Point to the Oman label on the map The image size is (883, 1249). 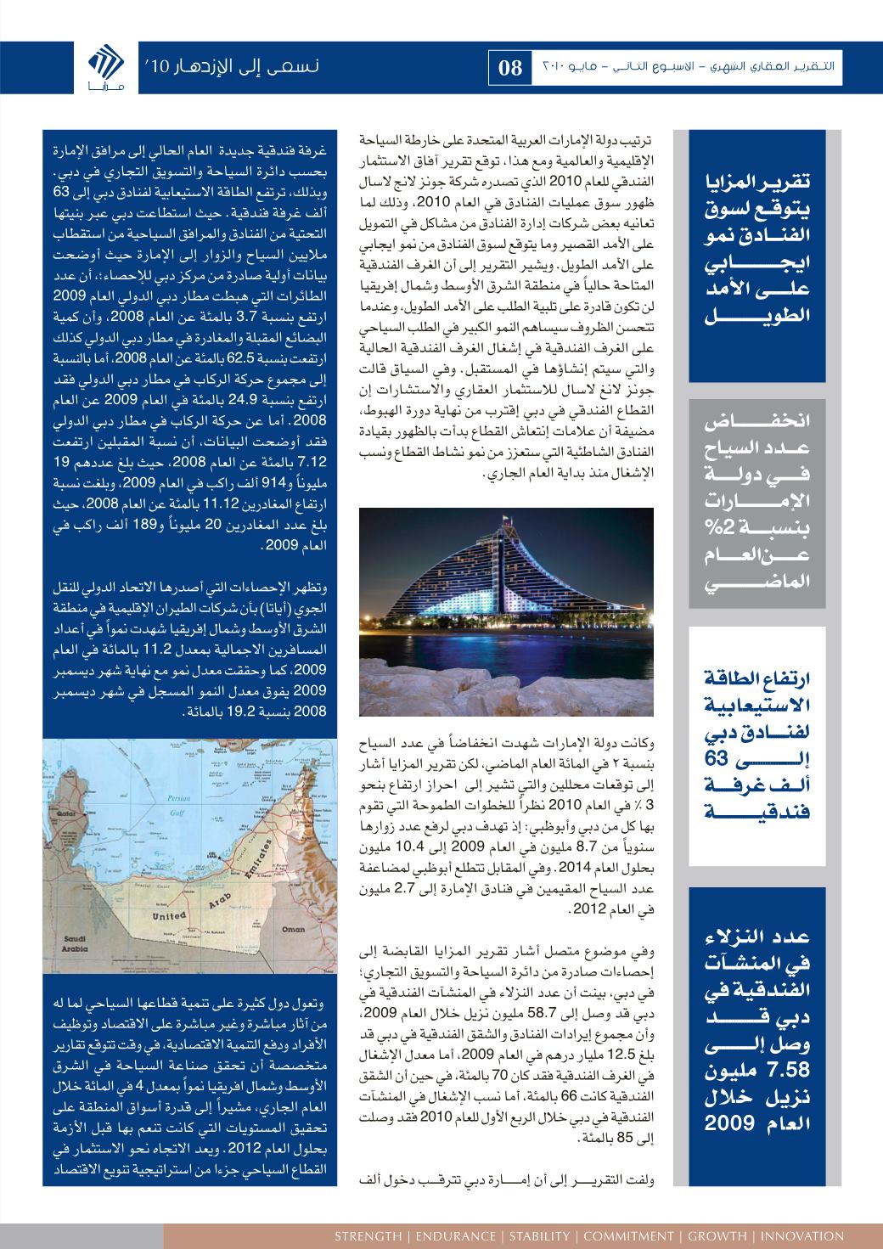294,929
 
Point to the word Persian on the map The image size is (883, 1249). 178,799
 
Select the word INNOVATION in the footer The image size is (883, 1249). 802,1235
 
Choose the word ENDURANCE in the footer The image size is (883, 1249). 453,1235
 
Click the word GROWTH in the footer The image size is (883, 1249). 717,1235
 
